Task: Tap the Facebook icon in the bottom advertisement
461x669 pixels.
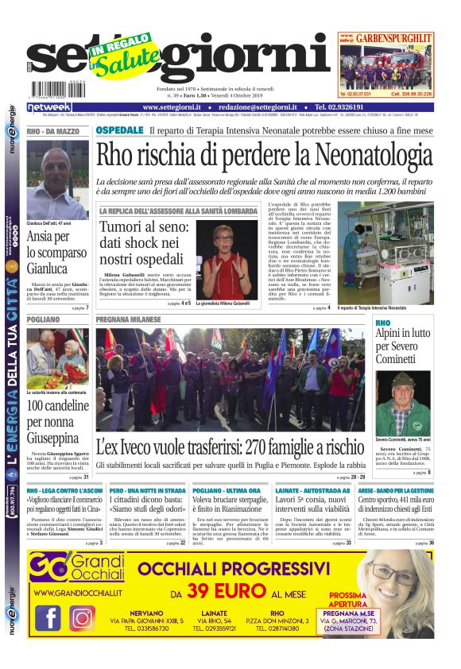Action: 48,617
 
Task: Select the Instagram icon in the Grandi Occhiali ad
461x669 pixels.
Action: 82,617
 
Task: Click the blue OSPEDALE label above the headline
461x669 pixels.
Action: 119,130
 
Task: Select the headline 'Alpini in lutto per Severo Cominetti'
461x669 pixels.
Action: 403,346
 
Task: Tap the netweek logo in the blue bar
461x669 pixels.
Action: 49,107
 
